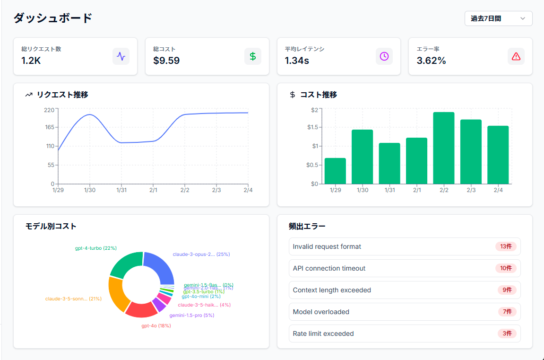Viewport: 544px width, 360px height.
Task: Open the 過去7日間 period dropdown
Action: pos(498,18)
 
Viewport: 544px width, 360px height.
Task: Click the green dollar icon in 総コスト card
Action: pos(252,56)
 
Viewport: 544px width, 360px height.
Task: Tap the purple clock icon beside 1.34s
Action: pos(384,56)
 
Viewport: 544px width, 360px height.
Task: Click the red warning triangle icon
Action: pos(516,56)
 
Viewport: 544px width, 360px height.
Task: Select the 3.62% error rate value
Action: pos(431,61)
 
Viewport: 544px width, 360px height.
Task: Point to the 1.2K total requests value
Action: pos(31,61)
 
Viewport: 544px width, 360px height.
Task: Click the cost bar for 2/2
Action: pos(443,148)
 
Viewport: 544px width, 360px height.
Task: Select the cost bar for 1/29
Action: pos(335,171)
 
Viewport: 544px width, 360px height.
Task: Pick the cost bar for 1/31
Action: pos(389,163)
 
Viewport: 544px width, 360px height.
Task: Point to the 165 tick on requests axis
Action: pos(50,127)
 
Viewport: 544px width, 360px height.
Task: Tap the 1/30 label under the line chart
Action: pos(90,190)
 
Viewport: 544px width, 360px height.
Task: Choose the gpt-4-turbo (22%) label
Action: pos(95,248)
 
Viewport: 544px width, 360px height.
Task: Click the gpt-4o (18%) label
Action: pos(156,326)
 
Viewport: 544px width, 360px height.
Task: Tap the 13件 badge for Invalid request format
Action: pos(506,246)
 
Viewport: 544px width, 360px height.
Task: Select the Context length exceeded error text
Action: pos(332,290)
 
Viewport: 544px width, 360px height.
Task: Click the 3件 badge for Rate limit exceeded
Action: pos(507,334)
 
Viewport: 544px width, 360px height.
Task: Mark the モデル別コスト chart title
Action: pos(51,226)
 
